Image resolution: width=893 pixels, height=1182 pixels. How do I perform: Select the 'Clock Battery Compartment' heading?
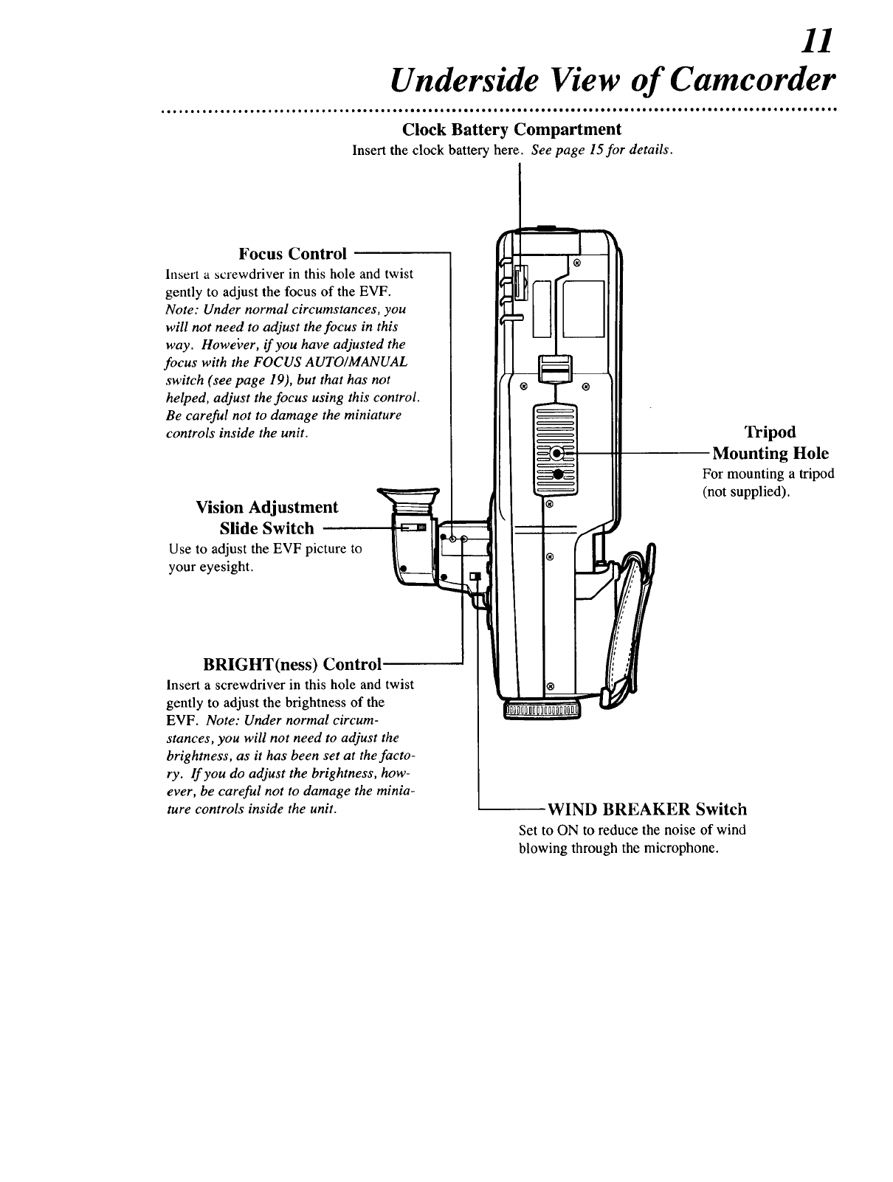[511, 129]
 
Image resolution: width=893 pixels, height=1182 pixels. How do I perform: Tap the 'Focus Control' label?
[292, 254]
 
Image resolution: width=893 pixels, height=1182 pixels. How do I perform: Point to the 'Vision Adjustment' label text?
[267, 507]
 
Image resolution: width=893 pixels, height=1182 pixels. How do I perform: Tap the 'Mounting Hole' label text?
[770, 453]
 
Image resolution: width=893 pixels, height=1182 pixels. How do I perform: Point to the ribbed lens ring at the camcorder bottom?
[542, 710]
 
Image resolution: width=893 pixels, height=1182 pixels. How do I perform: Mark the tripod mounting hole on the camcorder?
[559, 453]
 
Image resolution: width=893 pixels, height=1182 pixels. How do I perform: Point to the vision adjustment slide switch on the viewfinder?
[414, 528]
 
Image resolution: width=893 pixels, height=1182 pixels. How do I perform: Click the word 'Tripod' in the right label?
[770, 432]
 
